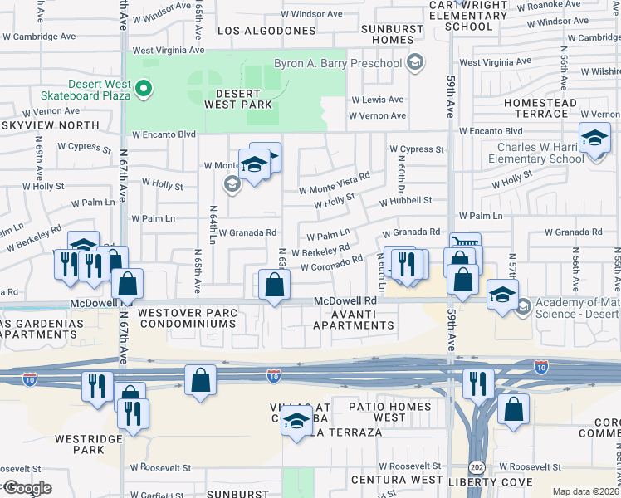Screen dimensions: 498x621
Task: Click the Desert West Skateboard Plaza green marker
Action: click(x=144, y=87)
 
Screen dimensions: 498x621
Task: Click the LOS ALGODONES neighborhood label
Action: click(x=266, y=31)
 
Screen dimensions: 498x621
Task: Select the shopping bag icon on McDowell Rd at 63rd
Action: click(x=274, y=286)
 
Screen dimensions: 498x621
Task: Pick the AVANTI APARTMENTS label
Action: click(x=354, y=320)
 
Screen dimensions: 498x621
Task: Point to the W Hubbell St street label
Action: click(x=405, y=201)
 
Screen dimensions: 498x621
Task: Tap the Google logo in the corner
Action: click(x=27, y=488)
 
